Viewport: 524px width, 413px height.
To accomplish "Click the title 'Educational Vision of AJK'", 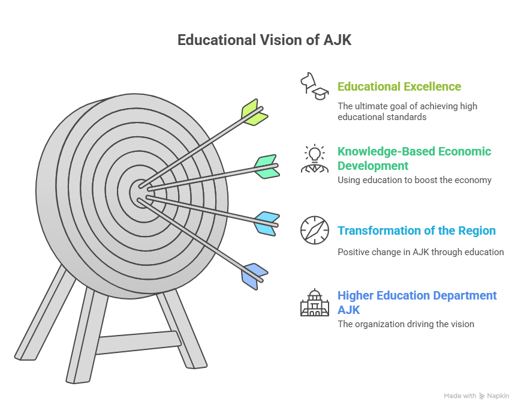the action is tap(264, 40).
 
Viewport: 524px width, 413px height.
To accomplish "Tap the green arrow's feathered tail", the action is tap(255, 113).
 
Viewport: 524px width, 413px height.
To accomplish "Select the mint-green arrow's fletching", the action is tap(267, 167).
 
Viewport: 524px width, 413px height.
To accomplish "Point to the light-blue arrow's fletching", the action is tap(267, 223).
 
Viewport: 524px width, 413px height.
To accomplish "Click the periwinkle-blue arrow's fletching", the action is tap(255, 277).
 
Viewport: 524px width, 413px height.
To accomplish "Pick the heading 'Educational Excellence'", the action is tap(399, 86).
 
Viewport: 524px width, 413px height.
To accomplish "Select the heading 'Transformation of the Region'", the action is tap(417, 231).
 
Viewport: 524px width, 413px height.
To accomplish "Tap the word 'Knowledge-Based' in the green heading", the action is tap(386, 152).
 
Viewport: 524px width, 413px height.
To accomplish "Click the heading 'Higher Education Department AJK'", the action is tap(417, 303).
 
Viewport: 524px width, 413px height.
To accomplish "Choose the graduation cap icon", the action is tap(321, 94).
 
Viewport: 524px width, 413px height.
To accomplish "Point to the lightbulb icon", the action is tap(315, 153).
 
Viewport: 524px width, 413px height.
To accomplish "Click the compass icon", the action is tap(315, 231).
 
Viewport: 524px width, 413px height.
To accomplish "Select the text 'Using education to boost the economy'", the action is tap(414, 180).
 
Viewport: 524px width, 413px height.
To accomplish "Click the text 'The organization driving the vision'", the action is tap(406, 324).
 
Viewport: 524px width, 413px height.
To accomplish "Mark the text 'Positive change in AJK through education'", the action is tap(421, 252).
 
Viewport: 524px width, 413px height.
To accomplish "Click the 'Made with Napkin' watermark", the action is tap(477, 396).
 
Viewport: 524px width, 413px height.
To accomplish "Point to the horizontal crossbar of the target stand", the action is tap(138, 342).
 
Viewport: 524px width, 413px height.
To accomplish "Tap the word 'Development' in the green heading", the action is tap(373, 166).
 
